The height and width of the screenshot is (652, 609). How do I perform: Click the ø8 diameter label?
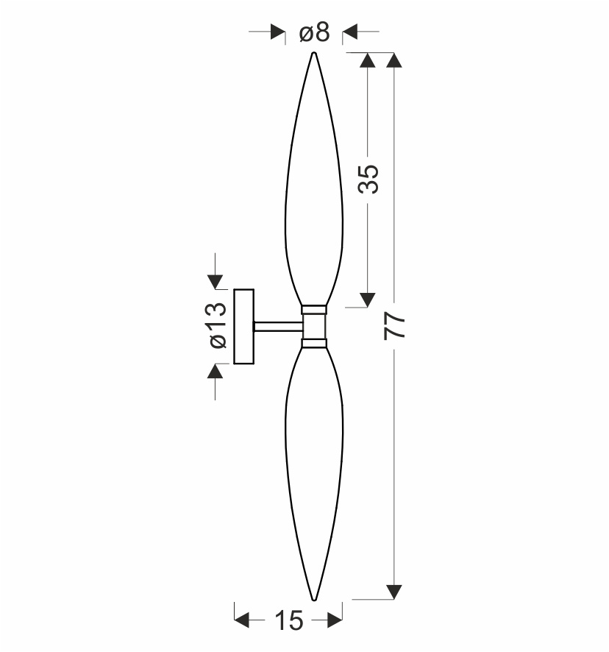point(314,32)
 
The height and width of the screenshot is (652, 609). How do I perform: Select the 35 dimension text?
point(368,180)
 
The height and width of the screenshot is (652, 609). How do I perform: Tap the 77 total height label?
point(394,327)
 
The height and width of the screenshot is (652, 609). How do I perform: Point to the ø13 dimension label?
point(218,325)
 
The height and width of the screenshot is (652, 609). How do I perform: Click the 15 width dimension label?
point(289,621)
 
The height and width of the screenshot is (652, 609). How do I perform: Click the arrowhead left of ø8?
point(278,32)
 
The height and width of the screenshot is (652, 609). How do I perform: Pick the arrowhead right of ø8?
point(349,32)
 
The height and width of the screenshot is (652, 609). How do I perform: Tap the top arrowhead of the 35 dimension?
point(368,60)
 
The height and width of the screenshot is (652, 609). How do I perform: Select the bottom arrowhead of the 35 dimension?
point(368,300)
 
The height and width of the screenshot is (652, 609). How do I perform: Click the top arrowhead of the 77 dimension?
point(394,60)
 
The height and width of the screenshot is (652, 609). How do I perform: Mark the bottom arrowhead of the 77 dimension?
point(394,592)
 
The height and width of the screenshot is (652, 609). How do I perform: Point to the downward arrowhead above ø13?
point(215,282)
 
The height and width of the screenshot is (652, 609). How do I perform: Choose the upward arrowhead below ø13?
point(215,371)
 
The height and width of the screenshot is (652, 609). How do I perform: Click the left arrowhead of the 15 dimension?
point(241,620)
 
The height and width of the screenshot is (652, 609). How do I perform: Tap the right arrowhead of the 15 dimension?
point(335,620)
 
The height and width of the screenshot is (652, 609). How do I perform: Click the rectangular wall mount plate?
point(244,327)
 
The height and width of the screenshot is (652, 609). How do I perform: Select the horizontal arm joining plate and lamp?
point(278,327)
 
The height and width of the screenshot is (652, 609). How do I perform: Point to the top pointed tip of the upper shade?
point(314,53)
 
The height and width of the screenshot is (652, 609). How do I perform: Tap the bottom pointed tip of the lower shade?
point(314,600)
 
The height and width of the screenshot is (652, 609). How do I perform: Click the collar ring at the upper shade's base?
point(314,310)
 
